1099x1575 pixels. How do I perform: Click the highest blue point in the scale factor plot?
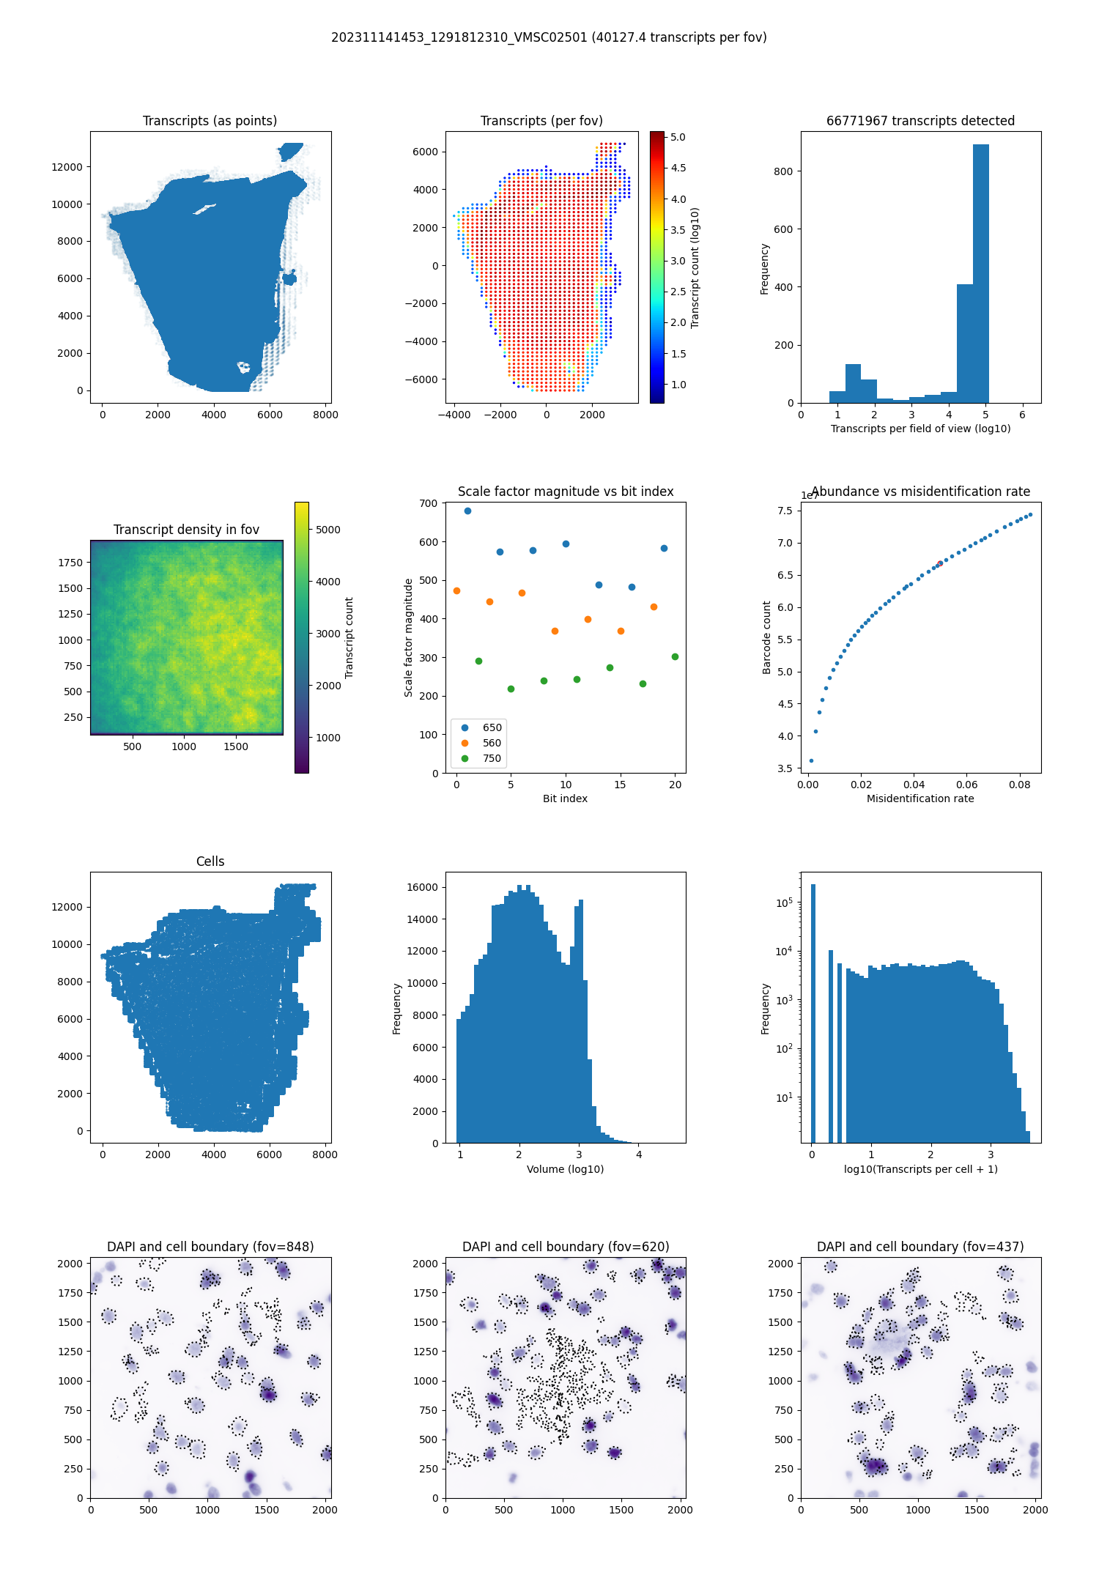(467, 511)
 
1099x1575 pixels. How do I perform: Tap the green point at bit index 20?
(675, 656)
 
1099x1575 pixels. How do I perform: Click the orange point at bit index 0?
(456, 590)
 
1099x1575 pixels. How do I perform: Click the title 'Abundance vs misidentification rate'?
(920, 492)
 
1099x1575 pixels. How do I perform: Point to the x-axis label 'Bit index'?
(565, 798)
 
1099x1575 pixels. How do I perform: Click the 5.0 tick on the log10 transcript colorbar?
(678, 137)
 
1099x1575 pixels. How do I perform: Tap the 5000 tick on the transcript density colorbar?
(328, 530)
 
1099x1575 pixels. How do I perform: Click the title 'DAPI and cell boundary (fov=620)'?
(566, 1247)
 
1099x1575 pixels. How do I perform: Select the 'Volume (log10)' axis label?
(565, 1169)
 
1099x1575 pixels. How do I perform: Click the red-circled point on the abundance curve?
(940, 563)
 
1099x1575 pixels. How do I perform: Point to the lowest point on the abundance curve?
(811, 760)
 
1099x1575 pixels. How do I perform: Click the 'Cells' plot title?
(210, 861)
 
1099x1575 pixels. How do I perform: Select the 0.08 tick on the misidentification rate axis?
(1019, 785)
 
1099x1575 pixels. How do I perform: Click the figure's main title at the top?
(549, 37)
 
